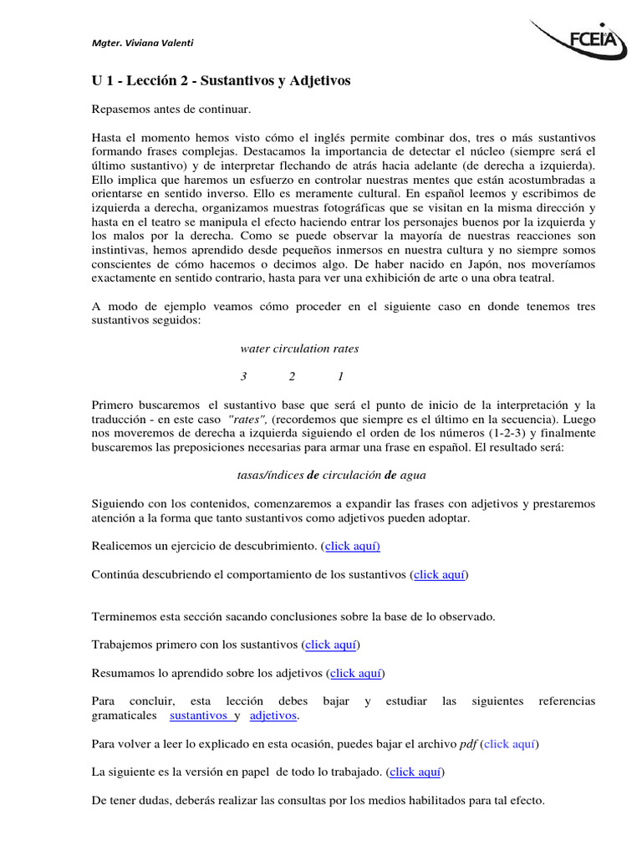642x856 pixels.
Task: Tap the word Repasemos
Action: coord(123,110)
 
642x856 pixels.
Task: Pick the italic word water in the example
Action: coord(256,348)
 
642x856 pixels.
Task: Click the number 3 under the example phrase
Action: coord(243,376)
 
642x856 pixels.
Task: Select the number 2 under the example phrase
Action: coord(292,376)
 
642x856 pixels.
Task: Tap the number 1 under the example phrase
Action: coord(340,376)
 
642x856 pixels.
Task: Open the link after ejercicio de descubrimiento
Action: coord(353,546)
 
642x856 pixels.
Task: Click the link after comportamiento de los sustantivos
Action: coord(441,574)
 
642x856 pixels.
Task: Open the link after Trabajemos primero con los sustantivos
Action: coord(332,645)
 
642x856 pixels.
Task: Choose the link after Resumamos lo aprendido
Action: coord(357,673)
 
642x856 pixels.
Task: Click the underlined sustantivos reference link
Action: coord(199,716)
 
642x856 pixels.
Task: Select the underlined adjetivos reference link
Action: coord(273,716)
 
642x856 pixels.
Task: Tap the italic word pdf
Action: coord(468,743)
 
